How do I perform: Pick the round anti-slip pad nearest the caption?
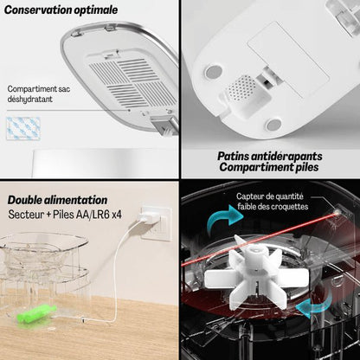[x=275, y=125]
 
